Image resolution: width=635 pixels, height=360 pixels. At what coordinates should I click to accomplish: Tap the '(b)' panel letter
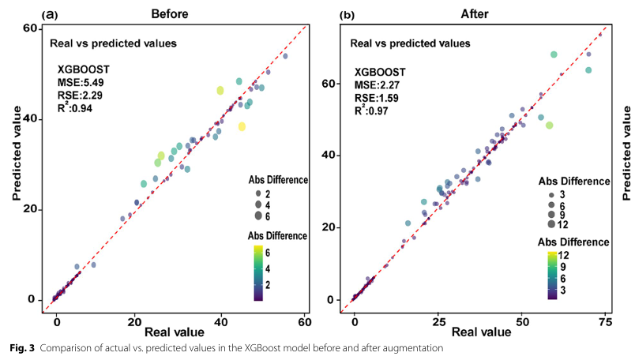pyautogui.click(x=347, y=13)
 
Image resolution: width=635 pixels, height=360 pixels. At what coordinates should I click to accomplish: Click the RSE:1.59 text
pyautogui.click(x=376, y=99)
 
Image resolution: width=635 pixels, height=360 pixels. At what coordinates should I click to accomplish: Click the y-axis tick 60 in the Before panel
pyautogui.click(x=29, y=28)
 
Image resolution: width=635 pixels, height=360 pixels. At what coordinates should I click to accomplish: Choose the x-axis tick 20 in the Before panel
pyautogui.click(x=138, y=322)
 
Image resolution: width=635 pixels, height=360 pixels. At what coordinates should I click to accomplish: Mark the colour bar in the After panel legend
pyautogui.click(x=553, y=273)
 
